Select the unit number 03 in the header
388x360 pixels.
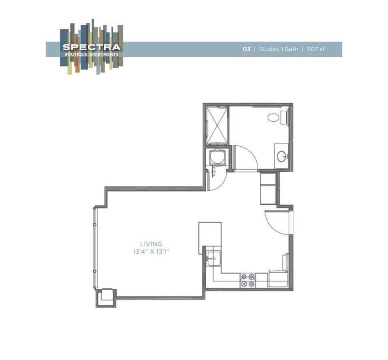tap(246, 49)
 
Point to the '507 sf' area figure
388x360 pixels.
tap(316, 49)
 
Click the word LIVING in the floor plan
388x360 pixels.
tap(151, 244)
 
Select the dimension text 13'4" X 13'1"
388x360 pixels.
tap(151, 252)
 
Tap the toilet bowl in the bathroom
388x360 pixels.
tap(274, 118)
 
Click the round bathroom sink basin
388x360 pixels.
tap(281, 156)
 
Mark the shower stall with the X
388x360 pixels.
tap(217, 125)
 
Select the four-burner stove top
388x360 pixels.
tap(247, 280)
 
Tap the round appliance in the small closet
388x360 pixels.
tap(218, 157)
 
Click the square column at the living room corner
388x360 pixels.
tap(106, 297)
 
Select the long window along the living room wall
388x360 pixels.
tap(95, 248)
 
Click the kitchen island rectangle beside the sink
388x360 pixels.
tap(210, 238)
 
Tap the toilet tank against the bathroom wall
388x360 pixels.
tap(284, 117)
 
